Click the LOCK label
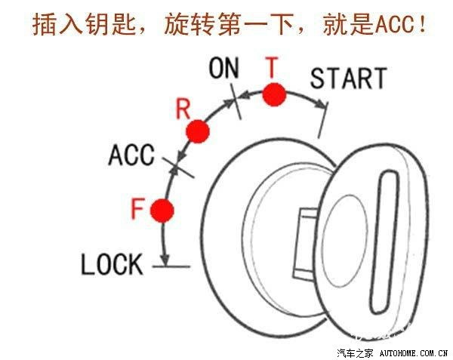[x=112, y=264]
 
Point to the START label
[x=348, y=78]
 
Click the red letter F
[x=137, y=208]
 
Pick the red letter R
[x=182, y=108]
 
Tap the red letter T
[x=272, y=67]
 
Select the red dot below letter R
[x=198, y=131]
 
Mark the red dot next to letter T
[x=274, y=95]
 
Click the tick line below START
[x=322, y=121]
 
